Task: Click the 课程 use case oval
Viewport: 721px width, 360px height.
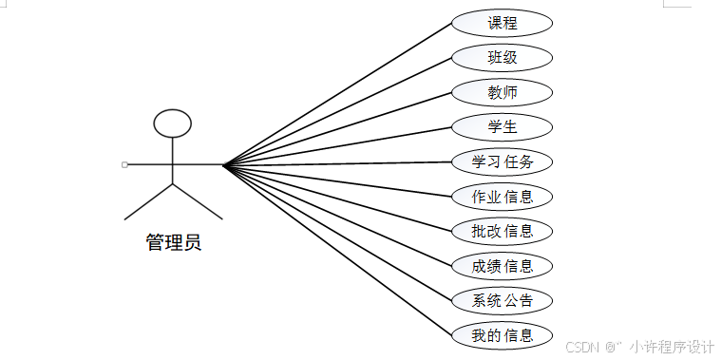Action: pyautogui.click(x=502, y=23)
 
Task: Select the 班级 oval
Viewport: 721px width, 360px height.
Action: pyautogui.click(x=502, y=57)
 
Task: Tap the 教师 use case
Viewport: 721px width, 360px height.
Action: pyautogui.click(x=502, y=92)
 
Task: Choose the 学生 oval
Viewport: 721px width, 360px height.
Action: pyautogui.click(x=502, y=126)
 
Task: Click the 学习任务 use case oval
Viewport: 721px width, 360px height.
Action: pyautogui.click(x=502, y=161)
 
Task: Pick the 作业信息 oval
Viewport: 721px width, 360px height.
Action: pyautogui.click(x=502, y=197)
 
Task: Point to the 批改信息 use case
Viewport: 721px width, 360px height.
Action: pyautogui.click(x=502, y=231)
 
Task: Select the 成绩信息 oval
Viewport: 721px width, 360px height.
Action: pyautogui.click(x=502, y=266)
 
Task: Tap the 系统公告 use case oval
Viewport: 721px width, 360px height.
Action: pyautogui.click(x=502, y=300)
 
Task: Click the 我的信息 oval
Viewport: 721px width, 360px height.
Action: pyautogui.click(x=502, y=334)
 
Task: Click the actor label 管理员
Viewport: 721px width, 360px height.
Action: pyautogui.click(x=173, y=243)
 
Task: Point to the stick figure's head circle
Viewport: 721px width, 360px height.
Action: pyautogui.click(x=173, y=123)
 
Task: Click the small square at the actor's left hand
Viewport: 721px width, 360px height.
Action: pyautogui.click(x=124, y=165)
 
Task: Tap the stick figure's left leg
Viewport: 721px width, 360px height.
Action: pyautogui.click(x=149, y=201)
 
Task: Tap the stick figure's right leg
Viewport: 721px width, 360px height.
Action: pyautogui.click(x=198, y=201)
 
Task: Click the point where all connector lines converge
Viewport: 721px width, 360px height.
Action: pyautogui.click(x=223, y=165)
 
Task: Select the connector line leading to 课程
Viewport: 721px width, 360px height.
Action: pyautogui.click(x=337, y=94)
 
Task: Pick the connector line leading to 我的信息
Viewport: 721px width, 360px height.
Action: pyautogui.click(x=337, y=251)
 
